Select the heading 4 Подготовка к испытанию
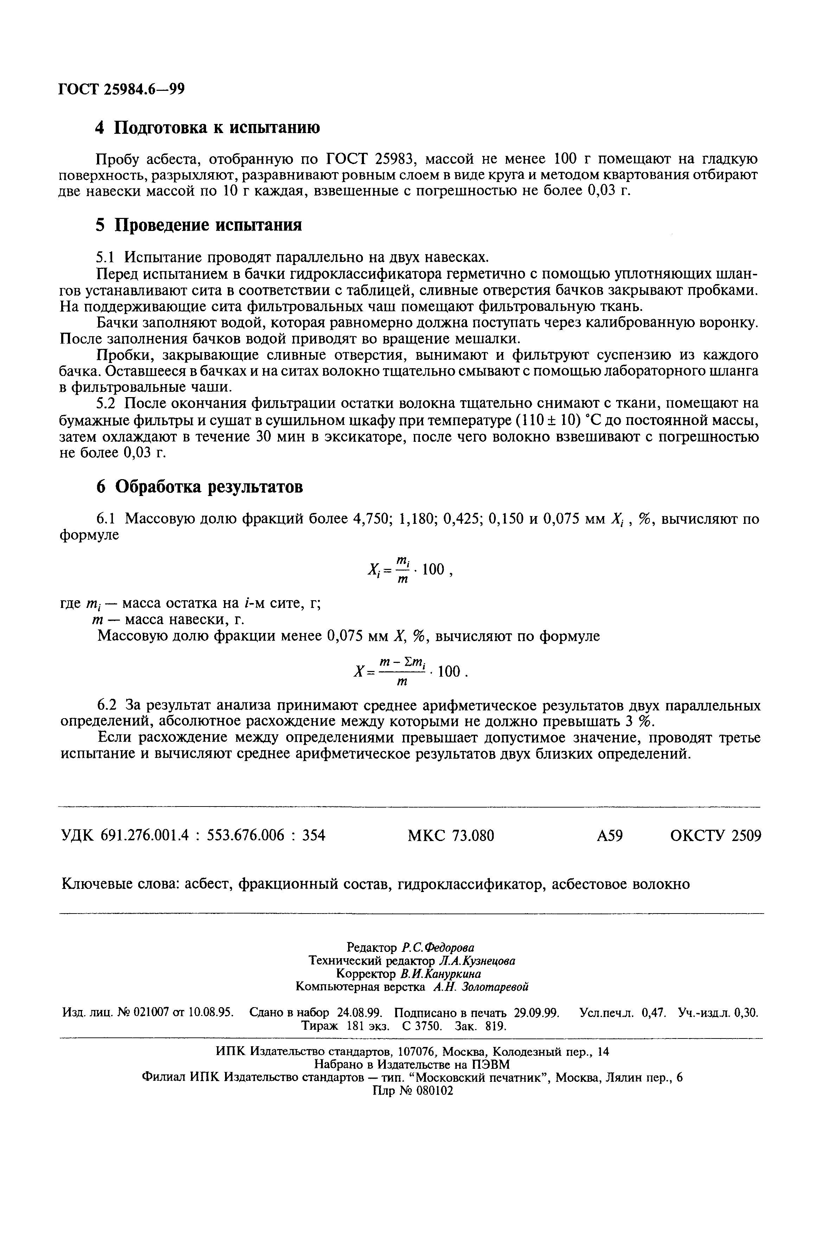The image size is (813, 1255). click(x=207, y=127)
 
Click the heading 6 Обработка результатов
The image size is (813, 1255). click(x=199, y=486)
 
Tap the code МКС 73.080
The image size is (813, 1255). click(x=451, y=836)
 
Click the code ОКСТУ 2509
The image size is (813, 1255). click(x=715, y=836)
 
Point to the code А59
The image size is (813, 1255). click(x=610, y=836)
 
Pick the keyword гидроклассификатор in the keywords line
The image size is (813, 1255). click(x=470, y=883)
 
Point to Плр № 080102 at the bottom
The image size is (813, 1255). click(x=412, y=1091)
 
